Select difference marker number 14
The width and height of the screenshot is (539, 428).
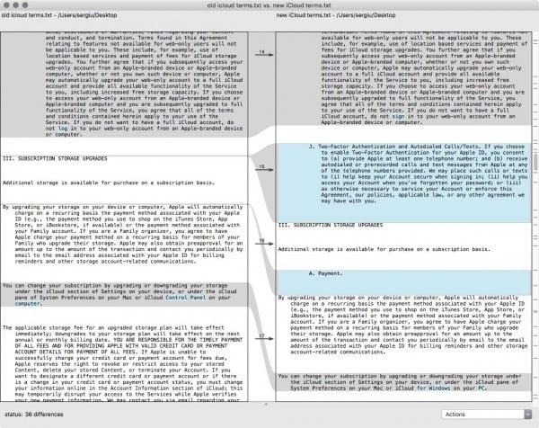click(x=261, y=53)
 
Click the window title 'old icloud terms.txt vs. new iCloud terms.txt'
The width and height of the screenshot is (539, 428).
click(x=269, y=5)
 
